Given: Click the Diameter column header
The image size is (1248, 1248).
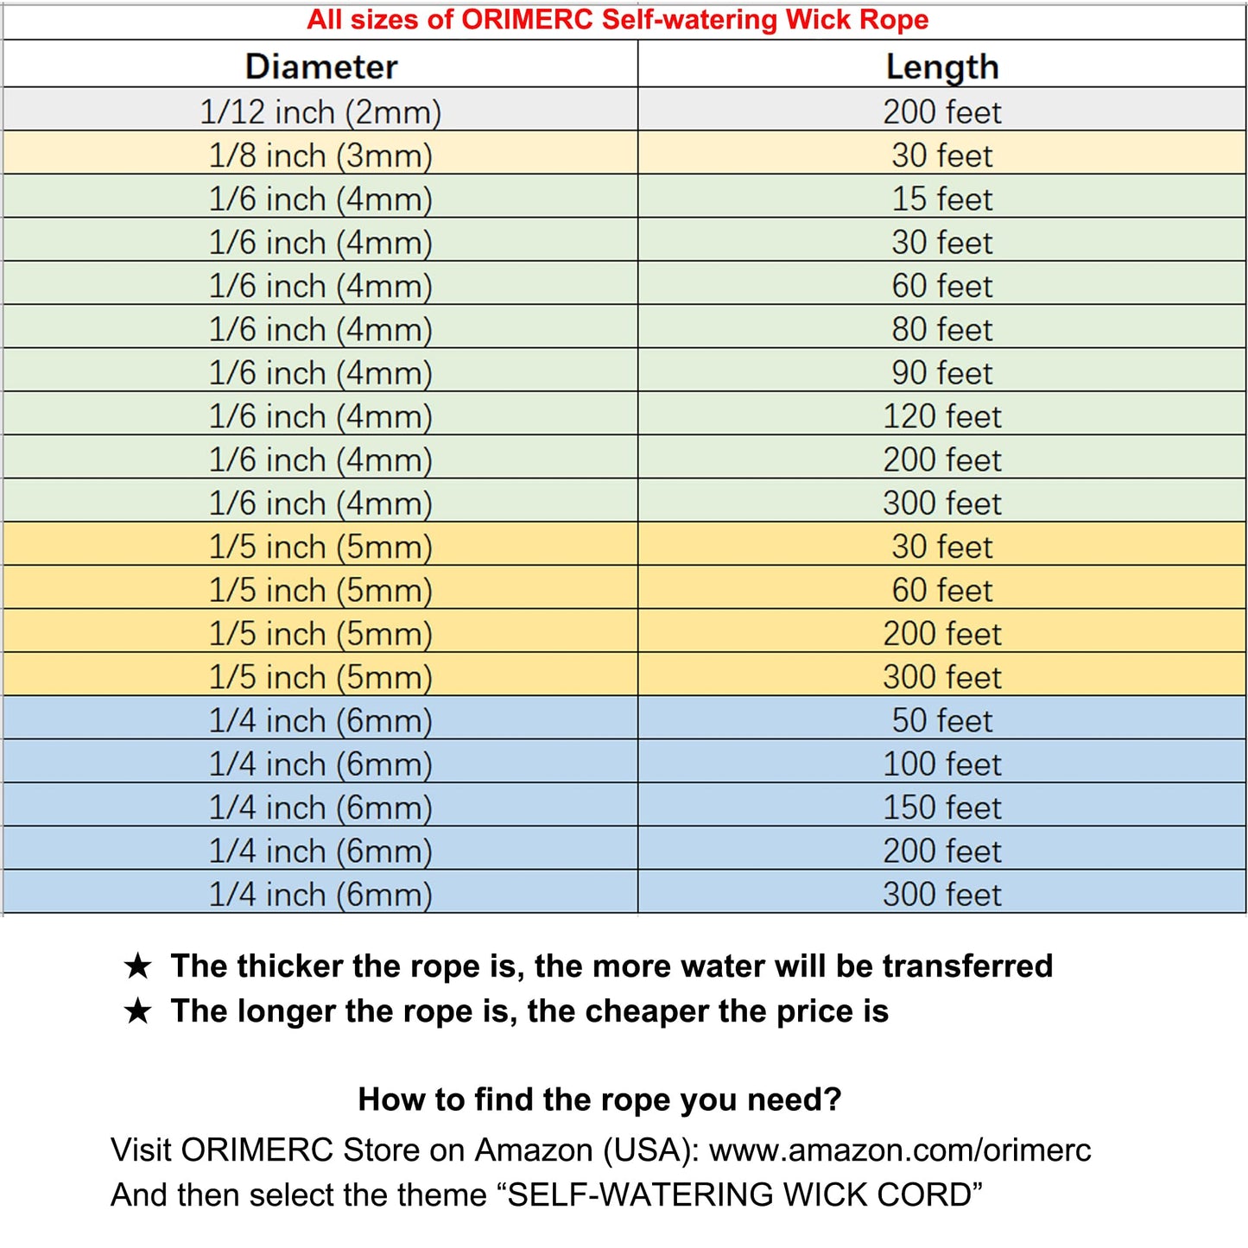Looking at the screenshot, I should [321, 67].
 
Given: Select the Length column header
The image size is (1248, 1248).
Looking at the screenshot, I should [942, 67].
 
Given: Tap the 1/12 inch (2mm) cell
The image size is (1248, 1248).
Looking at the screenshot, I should [320, 111].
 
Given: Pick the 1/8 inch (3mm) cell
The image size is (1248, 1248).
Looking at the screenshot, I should [320, 155].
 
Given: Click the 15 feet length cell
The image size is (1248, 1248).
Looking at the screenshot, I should [942, 199].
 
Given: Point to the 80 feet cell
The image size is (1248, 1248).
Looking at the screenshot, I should [942, 329].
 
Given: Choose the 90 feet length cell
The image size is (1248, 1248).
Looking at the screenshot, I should [942, 372].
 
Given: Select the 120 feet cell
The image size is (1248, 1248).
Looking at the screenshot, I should [942, 416].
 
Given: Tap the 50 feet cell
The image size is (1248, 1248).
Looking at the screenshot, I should [942, 720].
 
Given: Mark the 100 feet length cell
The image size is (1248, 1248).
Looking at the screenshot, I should [942, 763].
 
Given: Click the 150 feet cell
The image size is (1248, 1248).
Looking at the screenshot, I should [942, 808].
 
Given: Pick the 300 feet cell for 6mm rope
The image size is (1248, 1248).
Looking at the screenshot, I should [942, 894].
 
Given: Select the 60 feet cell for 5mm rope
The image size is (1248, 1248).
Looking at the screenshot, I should [942, 590].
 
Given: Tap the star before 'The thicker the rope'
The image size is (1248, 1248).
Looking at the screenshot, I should [138, 966].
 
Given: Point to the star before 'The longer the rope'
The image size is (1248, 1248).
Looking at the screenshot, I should [138, 1010].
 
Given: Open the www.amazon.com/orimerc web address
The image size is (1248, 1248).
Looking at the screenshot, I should [900, 1150].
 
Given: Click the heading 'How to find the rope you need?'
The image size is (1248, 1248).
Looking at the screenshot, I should [599, 1099].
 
